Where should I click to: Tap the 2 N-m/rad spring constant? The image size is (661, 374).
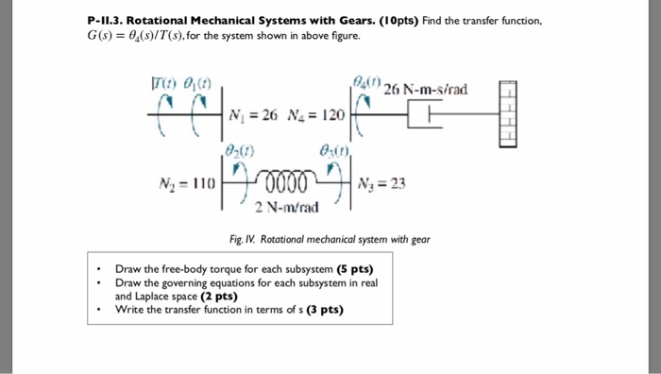[288, 207]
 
